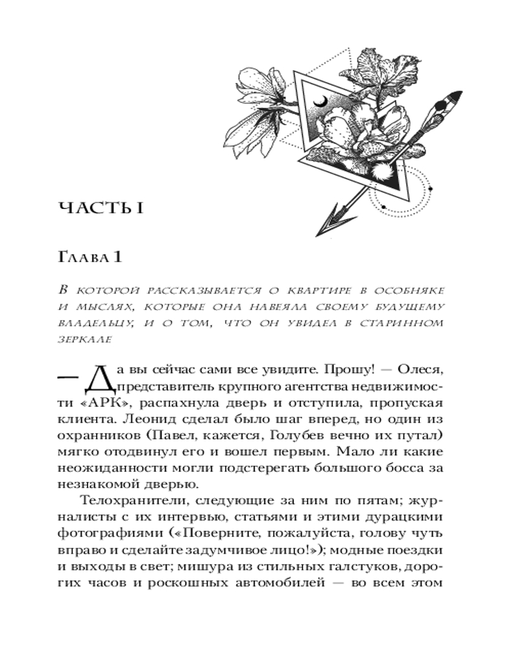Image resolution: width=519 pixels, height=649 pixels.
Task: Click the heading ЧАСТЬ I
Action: [x=100, y=208]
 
